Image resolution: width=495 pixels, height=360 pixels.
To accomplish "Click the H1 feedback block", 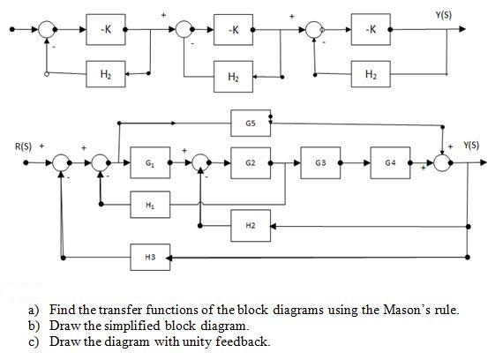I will click(x=149, y=204).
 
